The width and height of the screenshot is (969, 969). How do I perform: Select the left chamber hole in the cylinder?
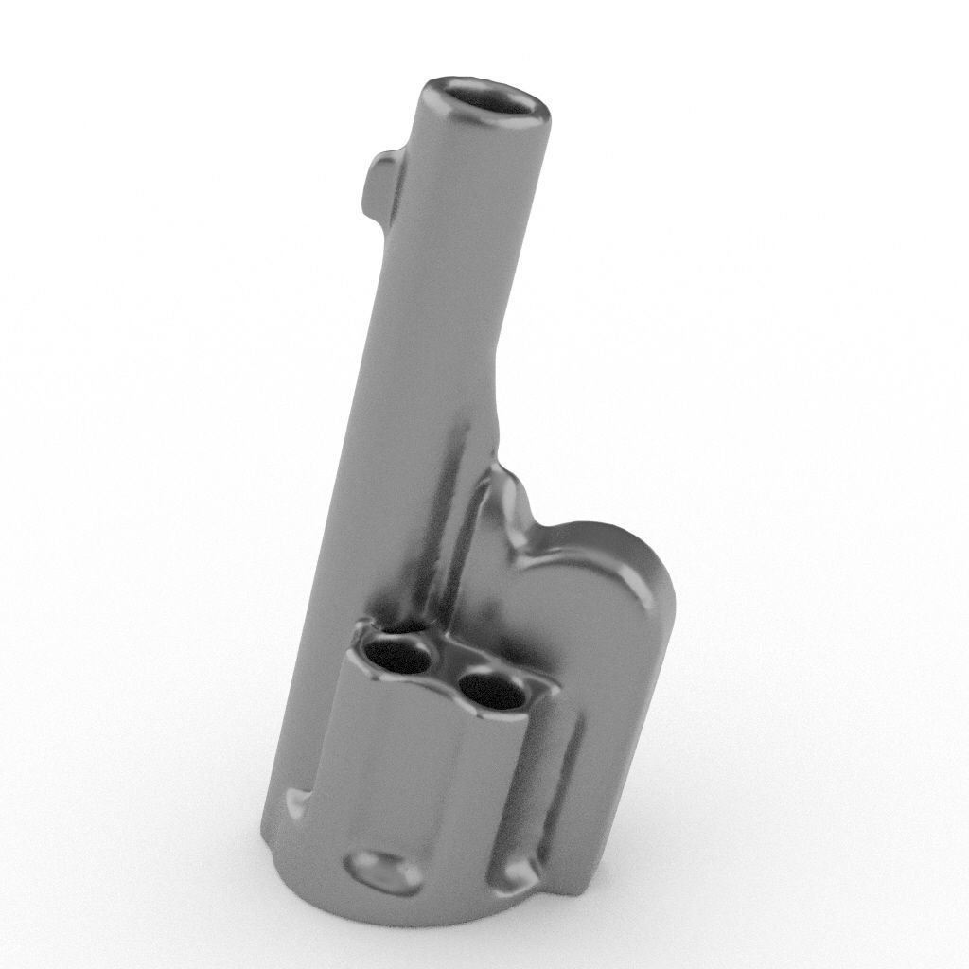(x=398, y=656)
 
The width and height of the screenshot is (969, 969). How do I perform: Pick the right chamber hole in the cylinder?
(x=491, y=691)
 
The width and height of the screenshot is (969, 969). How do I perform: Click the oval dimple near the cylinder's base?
(x=384, y=870)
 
